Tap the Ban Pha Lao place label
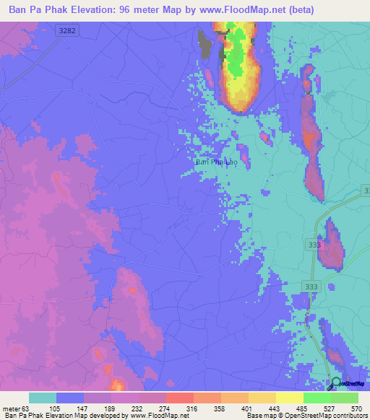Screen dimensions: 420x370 click(216, 162)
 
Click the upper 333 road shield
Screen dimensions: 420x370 click(314, 245)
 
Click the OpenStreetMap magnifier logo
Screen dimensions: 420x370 click(337, 383)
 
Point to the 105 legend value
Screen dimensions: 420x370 click(55, 408)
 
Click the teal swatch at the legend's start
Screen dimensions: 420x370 click(43, 398)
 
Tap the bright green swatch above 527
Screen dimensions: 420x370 click(317, 398)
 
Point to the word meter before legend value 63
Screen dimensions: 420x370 click(10, 408)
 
